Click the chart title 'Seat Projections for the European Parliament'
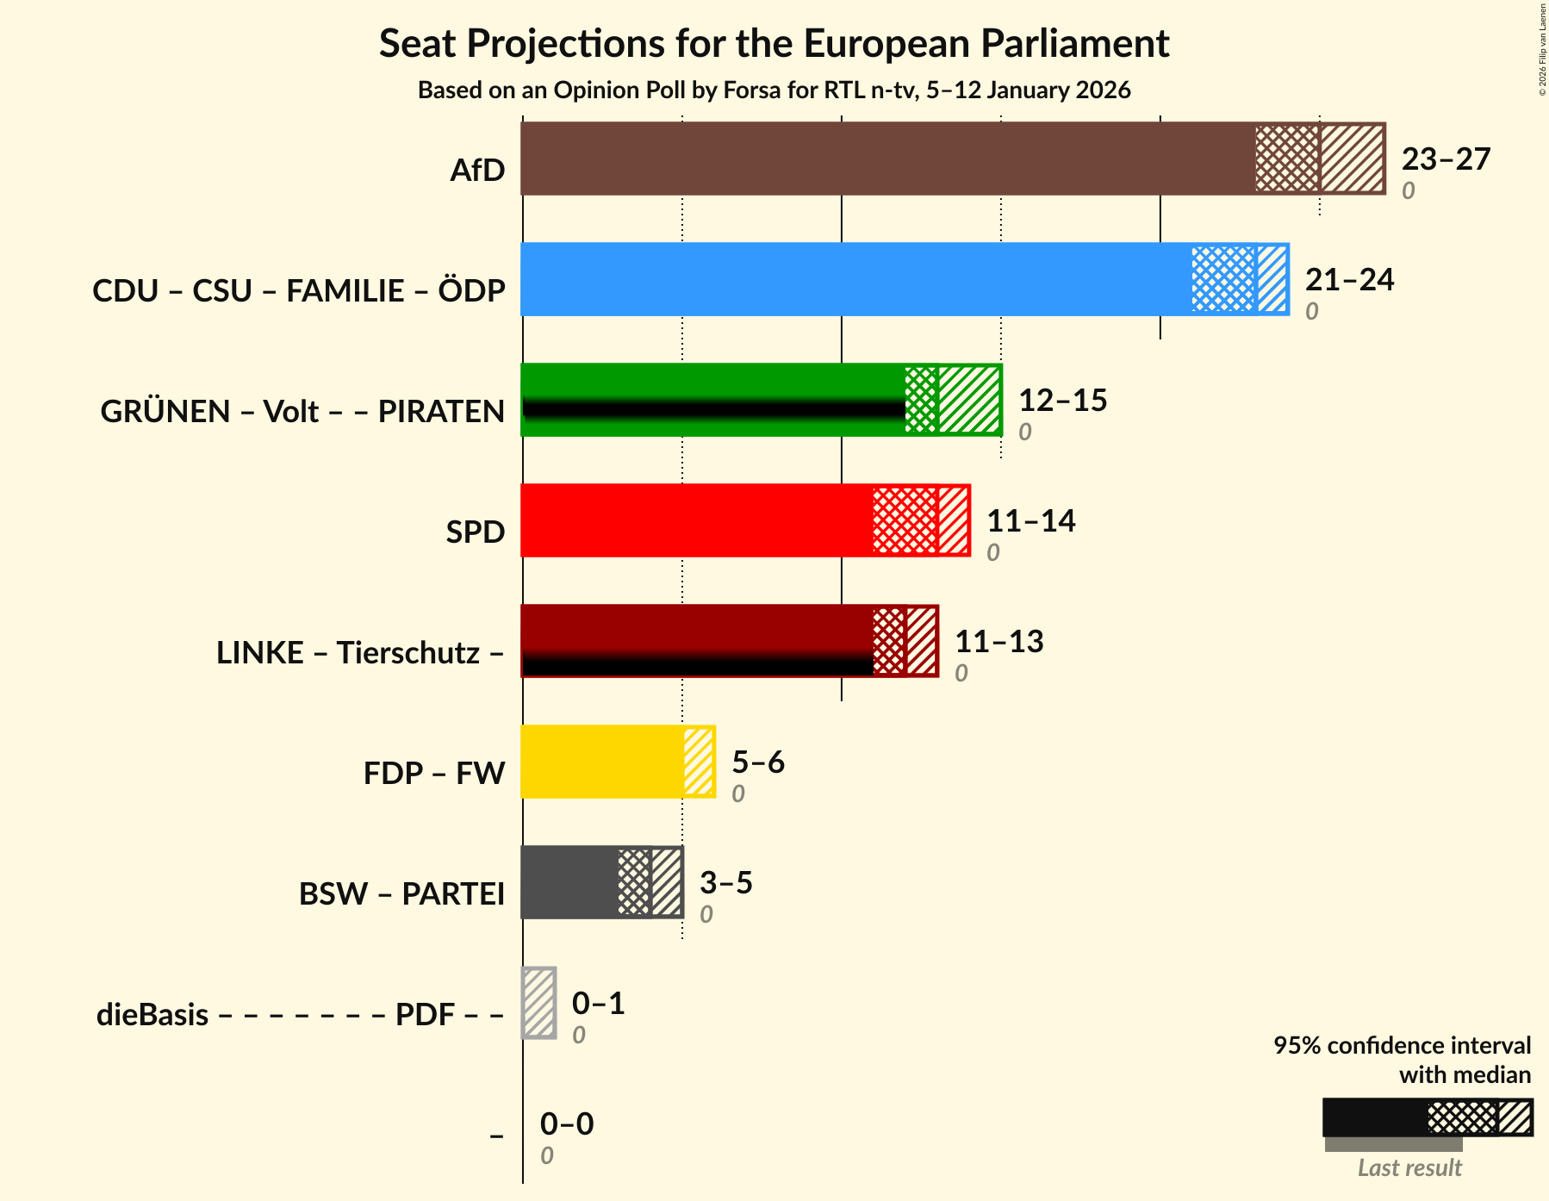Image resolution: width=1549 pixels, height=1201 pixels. point(774,44)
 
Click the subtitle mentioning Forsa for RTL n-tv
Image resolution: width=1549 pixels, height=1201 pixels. point(774,90)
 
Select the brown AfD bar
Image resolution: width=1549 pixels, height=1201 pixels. point(887,159)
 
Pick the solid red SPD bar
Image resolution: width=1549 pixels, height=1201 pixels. point(696,520)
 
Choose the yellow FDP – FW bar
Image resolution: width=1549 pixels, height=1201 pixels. point(602,762)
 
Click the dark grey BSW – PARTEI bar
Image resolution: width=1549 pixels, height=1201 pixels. point(569,882)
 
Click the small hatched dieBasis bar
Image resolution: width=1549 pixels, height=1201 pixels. point(539,1003)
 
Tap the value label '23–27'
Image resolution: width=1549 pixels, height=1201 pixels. point(1446,159)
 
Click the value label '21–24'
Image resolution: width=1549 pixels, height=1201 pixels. point(1349,280)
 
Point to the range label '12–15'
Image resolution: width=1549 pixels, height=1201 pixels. point(1062,401)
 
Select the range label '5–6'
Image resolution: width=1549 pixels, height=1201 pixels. point(758,762)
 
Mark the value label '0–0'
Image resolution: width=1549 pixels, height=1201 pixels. point(567,1124)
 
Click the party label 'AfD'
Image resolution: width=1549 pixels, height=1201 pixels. point(477,171)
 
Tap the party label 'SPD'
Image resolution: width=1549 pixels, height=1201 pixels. point(475,532)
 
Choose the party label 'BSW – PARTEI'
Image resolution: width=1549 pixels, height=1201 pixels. point(401,894)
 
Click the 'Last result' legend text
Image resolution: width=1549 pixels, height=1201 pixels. point(1409,1168)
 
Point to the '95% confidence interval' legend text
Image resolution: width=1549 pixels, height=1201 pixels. point(1402,1046)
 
